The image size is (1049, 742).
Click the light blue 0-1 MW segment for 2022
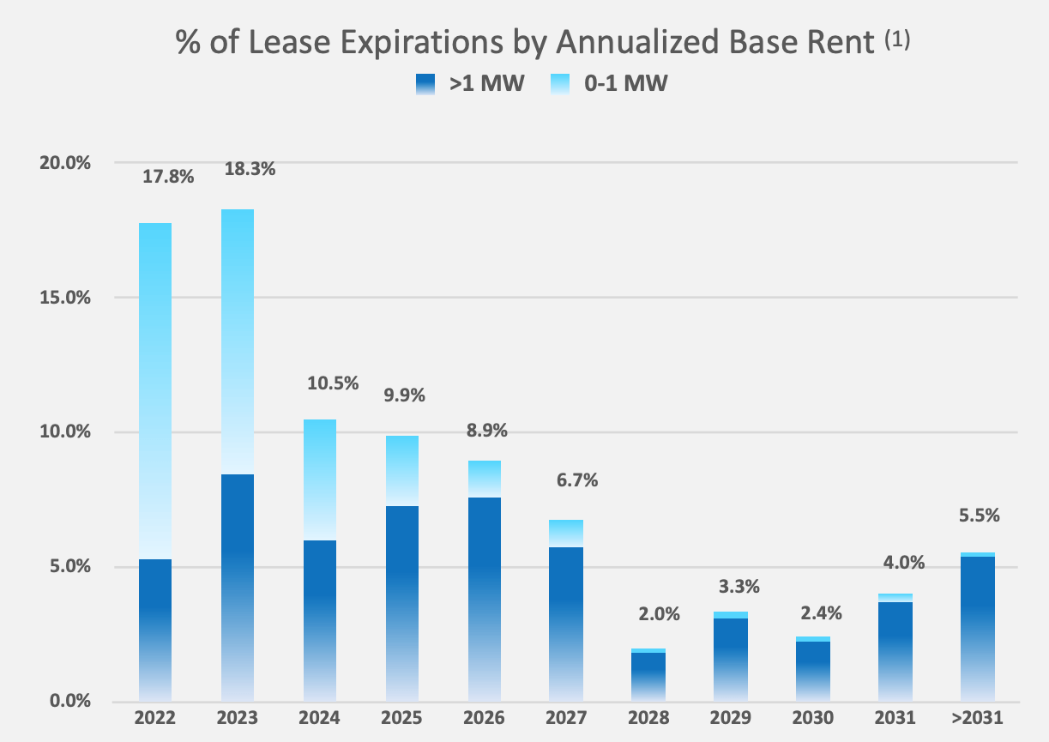[154, 390]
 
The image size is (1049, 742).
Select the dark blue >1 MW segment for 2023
[238, 587]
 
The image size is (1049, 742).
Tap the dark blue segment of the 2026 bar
[486, 599]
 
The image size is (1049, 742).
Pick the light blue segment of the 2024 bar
[320, 480]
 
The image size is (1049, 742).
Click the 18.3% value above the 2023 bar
[250, 169]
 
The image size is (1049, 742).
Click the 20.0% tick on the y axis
[65, 163]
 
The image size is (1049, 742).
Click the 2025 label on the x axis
[403, 718]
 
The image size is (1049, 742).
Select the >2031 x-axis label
[978, 718]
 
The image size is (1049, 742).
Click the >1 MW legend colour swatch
[427, 85]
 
